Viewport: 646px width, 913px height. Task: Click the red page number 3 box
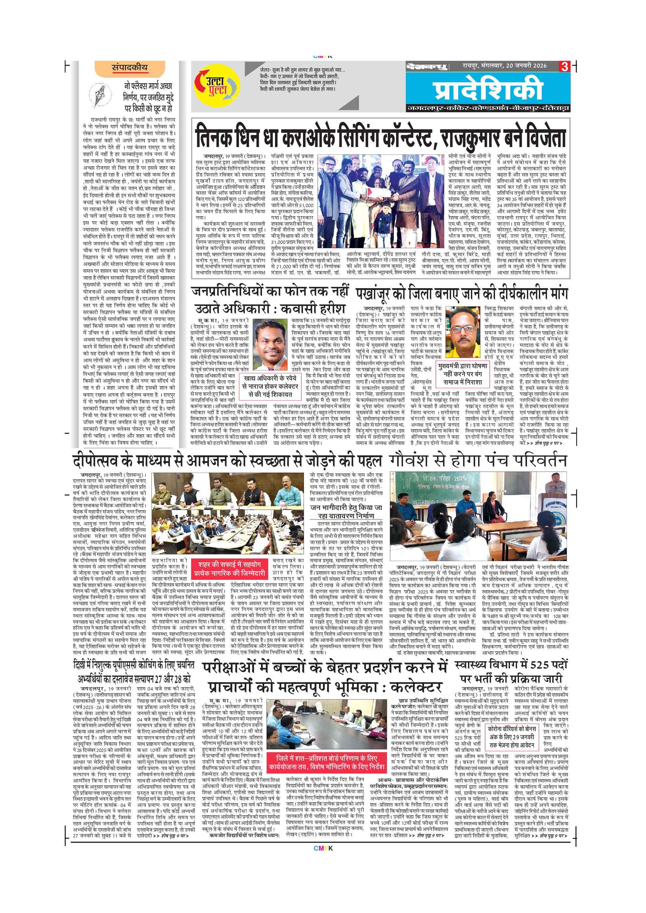point(564,66)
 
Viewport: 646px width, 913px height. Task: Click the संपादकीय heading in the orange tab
point(130,68)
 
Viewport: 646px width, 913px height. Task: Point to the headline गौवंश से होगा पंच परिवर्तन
point(478,461)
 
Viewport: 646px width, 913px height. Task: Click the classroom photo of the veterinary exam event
point(478,516)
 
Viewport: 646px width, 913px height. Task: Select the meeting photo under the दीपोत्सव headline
point(227,513)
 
